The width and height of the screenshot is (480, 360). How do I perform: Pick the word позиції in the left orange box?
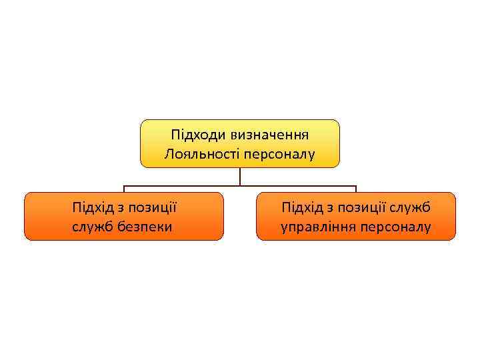(154, 207)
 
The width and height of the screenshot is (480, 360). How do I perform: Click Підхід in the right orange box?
(302, 207)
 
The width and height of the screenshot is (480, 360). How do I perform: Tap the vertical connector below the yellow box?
(240, 177)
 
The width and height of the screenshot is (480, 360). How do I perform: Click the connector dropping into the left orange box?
(124, 189)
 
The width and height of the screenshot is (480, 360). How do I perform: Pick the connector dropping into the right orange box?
(356, 189)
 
